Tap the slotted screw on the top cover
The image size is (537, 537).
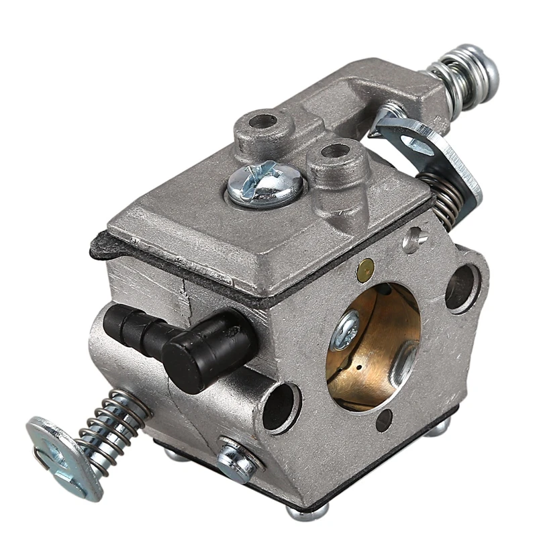[x=265, y=183]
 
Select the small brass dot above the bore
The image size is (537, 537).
[x=366, y=269]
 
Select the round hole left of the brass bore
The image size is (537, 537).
[x=281, y=407]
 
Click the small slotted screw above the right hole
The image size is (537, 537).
[x=415, y=236]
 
